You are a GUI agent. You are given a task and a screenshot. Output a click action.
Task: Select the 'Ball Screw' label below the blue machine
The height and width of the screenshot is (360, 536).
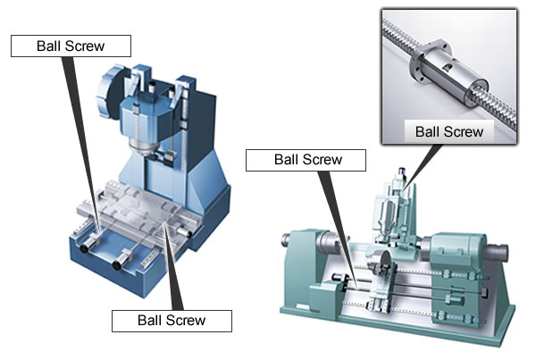point(171,320)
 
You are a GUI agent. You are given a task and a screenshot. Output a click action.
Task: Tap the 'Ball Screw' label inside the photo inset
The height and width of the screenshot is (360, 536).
point(449,131)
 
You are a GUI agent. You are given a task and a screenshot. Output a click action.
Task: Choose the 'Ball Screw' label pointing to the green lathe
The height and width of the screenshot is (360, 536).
point(306,160)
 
